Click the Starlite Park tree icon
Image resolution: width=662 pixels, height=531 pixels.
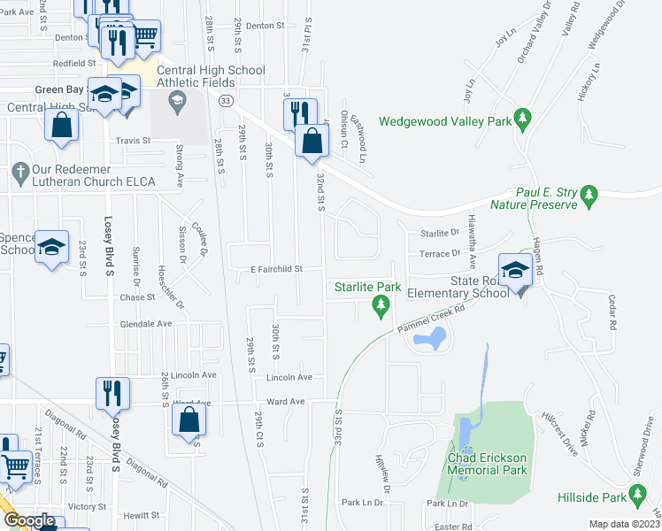point(381,306)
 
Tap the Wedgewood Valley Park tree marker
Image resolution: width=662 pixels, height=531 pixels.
point(523,118)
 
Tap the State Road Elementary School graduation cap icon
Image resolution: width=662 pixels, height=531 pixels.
point(514,272)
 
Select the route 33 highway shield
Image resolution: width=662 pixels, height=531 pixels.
point(227,101)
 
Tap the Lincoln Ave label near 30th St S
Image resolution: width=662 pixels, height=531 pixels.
point(290,377)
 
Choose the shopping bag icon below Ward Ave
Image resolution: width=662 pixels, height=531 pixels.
point(190,419)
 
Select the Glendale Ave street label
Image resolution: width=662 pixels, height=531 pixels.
point(146,324)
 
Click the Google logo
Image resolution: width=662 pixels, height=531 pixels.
point(29,520)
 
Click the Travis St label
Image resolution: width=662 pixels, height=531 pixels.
point(133,140)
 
